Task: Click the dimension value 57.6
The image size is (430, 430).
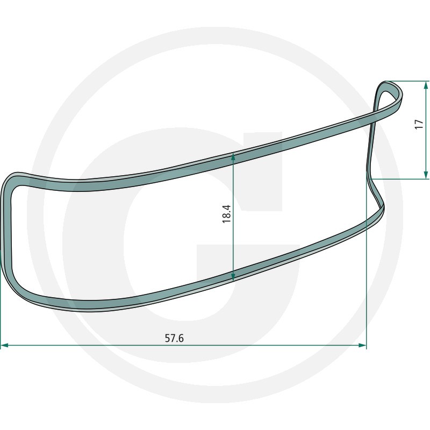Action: (x=174, y=339)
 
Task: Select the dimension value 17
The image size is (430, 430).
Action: (x=419, y=125)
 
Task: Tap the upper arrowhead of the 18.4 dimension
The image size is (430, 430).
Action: (x=233, y=156)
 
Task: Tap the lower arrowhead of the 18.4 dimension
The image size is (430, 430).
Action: (x=233, y=276)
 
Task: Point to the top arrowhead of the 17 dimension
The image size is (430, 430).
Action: (x=426, y=85)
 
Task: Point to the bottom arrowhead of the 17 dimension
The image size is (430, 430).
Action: (x=426, y=174)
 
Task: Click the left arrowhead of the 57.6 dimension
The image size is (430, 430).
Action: (x=4, y=346)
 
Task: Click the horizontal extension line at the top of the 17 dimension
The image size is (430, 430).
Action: (x=408, y=81)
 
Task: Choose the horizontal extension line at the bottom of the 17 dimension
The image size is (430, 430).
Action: (x=398, y=178)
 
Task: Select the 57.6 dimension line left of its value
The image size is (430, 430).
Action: (x=81, y=346)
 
